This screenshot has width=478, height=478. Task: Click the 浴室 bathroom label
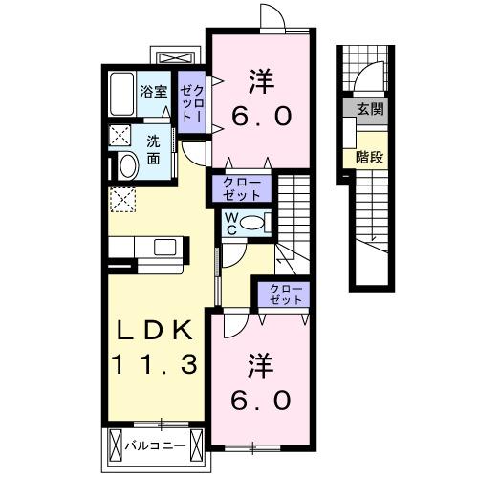tap(153, 93)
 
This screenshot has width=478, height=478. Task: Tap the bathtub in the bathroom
tap(120, 94)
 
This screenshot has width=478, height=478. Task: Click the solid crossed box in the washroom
tap(120, 135)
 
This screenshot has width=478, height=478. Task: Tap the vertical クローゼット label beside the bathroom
tap(192, 100)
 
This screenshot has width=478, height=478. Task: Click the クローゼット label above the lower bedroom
tap(282, 293)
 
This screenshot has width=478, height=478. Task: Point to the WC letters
tap(231, 224)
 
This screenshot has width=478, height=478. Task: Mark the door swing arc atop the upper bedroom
tap(272, 18)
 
